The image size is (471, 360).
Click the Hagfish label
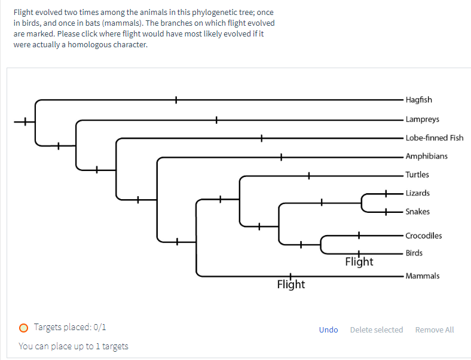[x=418, y=100]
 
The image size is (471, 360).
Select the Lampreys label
[x=422, y=120]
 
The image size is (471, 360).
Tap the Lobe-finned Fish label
[x=434, y=138]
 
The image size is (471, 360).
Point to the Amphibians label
[x=426, y=156]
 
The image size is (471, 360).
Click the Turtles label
[x=417, y=175]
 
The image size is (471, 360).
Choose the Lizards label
[x=417, y=193]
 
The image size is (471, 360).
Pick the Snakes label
[x=417, y=212]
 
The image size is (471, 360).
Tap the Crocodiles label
[x=423, y=236]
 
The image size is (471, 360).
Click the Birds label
[x=414, y=253]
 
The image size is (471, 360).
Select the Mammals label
[x=422, y=276]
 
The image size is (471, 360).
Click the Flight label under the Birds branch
[x=359, y=262]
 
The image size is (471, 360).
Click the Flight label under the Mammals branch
[x=291, y=285]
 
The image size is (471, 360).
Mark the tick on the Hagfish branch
[x=176, y=100]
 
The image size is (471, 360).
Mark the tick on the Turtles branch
[x=308, y=175]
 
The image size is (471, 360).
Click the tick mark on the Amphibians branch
[x=281, y=157]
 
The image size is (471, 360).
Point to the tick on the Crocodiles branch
[x=359, y=235]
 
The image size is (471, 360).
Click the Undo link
[x=328, y=330]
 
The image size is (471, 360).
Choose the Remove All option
[x=434, y=330]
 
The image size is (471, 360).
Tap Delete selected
[x=376, y=330]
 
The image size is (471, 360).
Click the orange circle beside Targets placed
[x=23, y=327]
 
